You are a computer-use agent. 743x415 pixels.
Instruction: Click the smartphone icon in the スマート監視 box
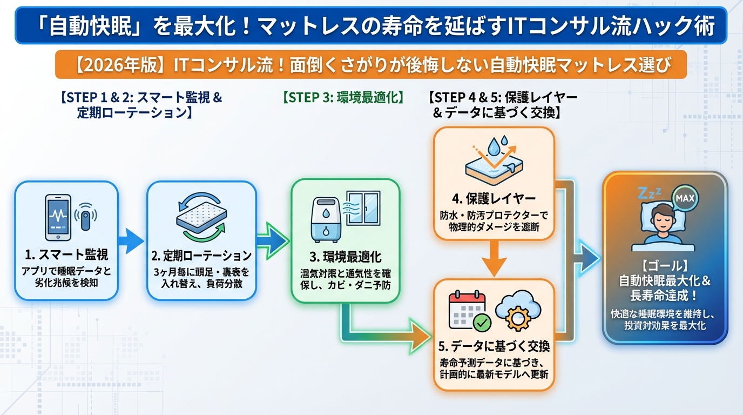[x=58, y=218]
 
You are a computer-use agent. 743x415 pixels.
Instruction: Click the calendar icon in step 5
[x=468, y=310]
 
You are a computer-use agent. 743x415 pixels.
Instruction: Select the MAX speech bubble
[x=685, y=198]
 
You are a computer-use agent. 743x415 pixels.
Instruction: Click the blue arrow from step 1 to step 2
[x=131, y=241]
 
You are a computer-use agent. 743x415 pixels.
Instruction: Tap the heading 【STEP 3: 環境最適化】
[x=343, y=98]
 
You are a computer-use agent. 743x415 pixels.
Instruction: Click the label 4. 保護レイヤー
[x=494, y=197]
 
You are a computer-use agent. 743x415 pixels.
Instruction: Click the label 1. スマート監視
[x=65, y=255]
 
